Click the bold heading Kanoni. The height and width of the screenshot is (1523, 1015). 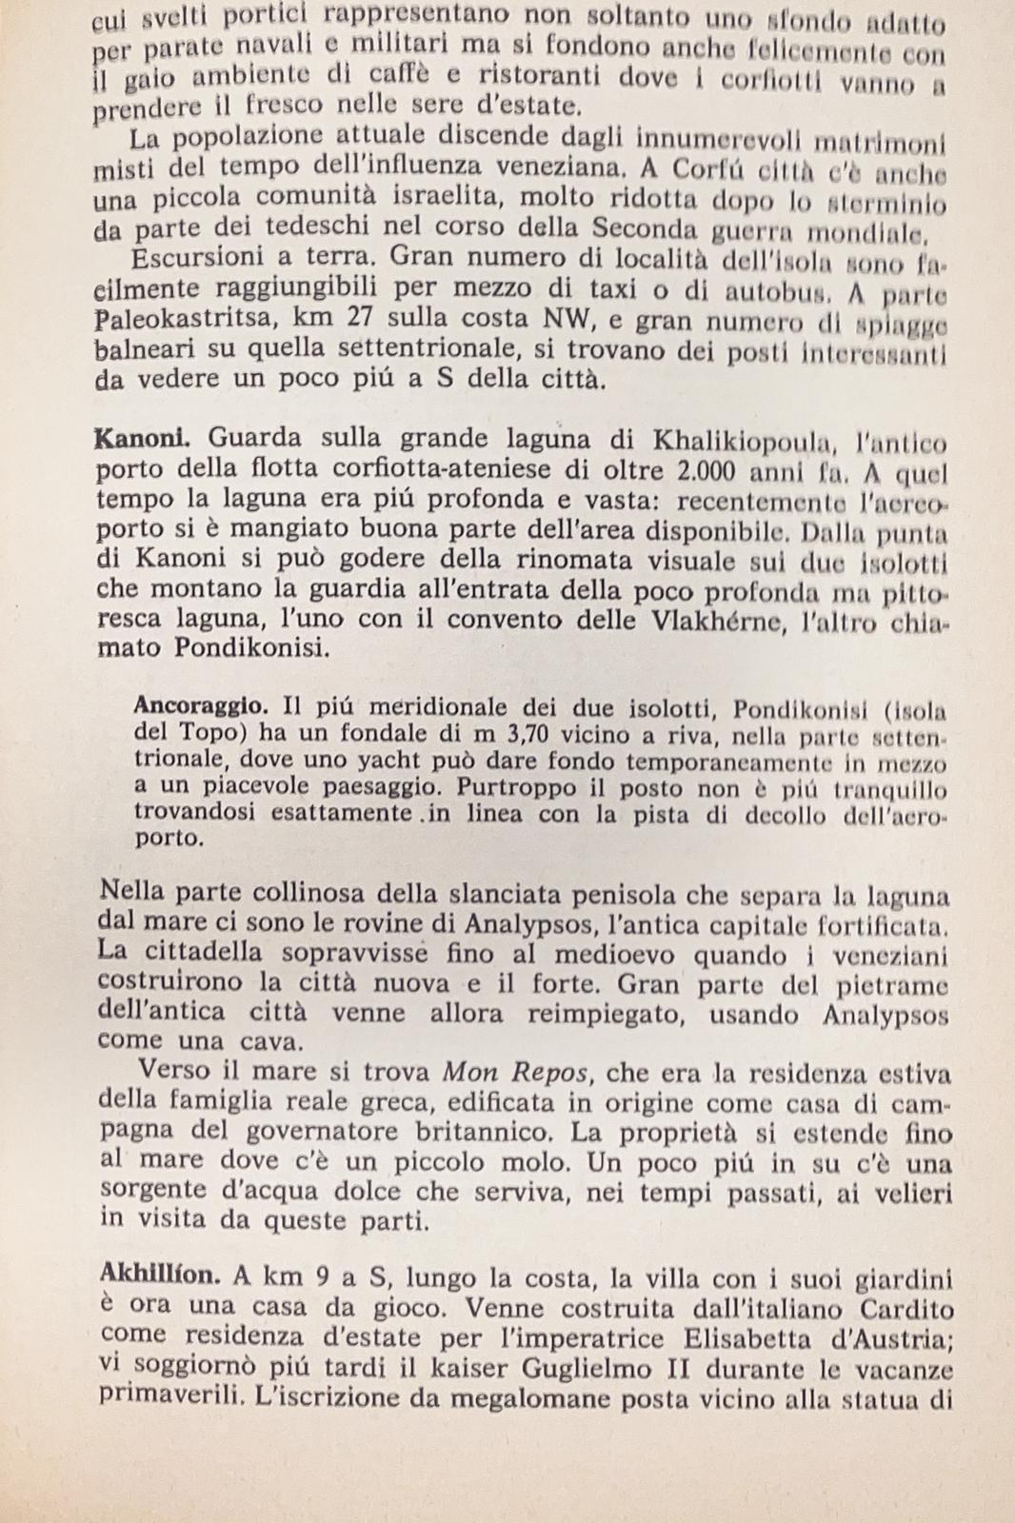tap(143, 440)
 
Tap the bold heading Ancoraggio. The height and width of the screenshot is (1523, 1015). tap(198, 705)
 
